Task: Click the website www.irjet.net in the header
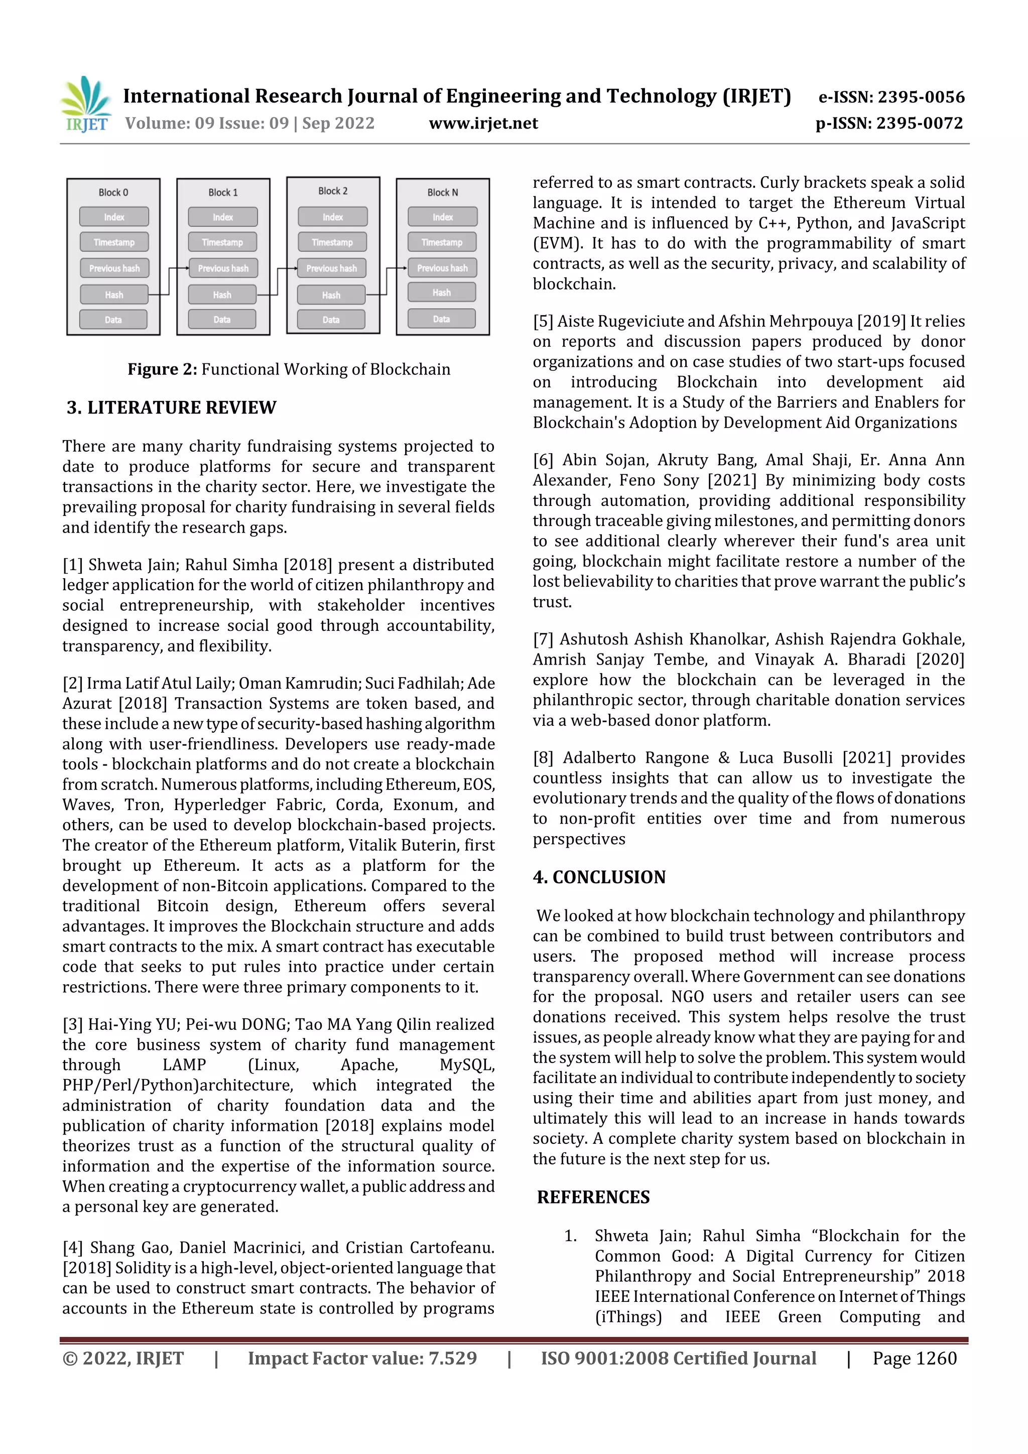tap(483, 123)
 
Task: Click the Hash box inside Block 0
tap(114, 295)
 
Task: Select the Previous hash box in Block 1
tap(223, 268)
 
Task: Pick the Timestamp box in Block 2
tap(332, 242)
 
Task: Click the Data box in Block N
tap(442, 319)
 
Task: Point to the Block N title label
tap(442, 192)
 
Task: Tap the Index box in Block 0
tap(114, 217)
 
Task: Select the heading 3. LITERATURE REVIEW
tap(172, 407)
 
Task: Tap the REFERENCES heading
tap(593, 1197)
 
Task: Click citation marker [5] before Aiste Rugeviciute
tap(543, 321)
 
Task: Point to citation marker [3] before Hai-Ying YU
tap(72, 1024)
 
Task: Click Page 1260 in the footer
tap(914, 1358)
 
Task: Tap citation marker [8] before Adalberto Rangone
tap(543, 757)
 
